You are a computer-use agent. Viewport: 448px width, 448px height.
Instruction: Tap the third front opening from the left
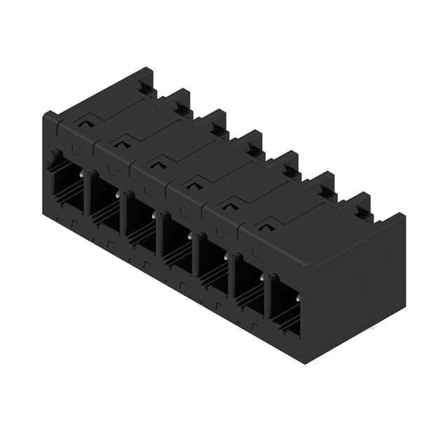[x=140, y=223]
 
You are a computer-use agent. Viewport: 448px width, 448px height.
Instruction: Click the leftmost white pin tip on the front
[x=82, y=174]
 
